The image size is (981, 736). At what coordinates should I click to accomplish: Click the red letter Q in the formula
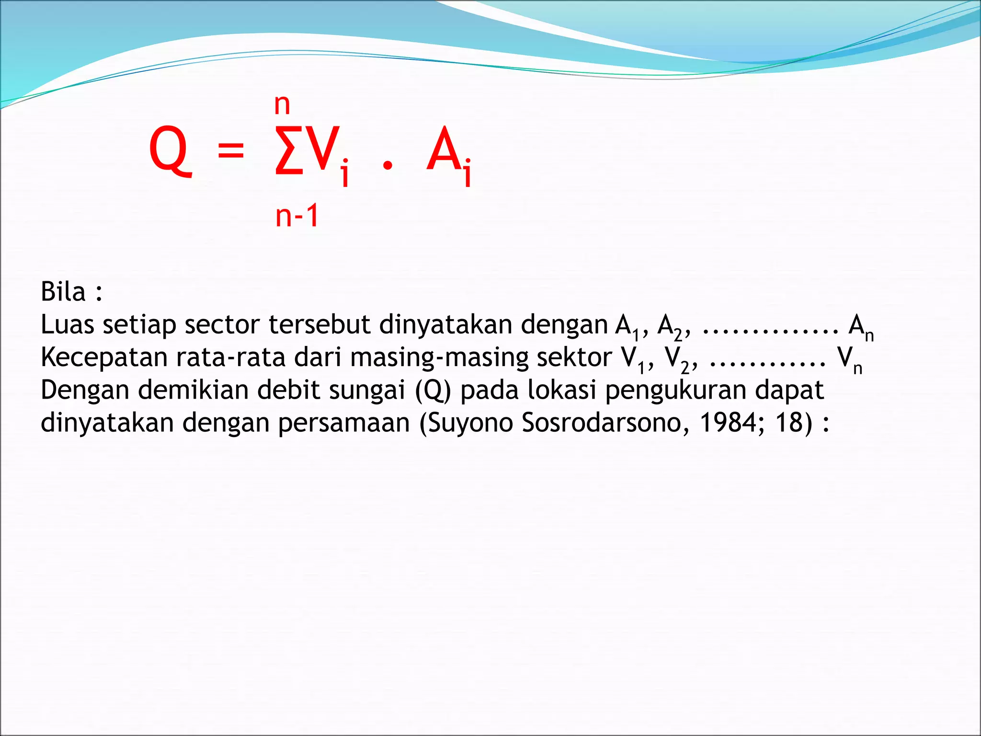point(170,150)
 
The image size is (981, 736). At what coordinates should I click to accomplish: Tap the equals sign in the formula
point(231,150)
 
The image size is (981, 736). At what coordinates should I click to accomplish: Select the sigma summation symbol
point(289,150)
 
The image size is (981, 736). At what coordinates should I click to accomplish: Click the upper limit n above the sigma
point(282,105)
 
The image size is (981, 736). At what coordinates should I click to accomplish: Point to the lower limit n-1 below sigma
point(297,216)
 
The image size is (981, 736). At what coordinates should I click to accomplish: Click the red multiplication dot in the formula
point(388,166)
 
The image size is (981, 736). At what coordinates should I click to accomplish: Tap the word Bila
point(63,292)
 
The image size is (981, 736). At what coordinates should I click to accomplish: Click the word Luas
point(67,324)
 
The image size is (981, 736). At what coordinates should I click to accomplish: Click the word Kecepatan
point(104,357)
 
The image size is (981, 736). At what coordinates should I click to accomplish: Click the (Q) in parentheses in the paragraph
point(433,390)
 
